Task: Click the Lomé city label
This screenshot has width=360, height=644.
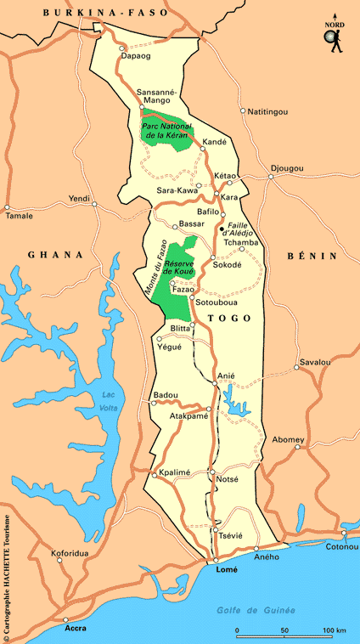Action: click(226, 570)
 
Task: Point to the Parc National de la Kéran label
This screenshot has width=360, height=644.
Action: click(166, 131)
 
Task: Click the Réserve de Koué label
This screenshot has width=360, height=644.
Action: click(180, 270)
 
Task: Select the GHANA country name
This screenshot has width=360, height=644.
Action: click(55, 254)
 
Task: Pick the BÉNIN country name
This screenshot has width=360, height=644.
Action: click(312, 256)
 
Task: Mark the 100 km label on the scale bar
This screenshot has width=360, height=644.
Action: click(334, 630)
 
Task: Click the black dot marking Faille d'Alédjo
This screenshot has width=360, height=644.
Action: click(222, 229)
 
